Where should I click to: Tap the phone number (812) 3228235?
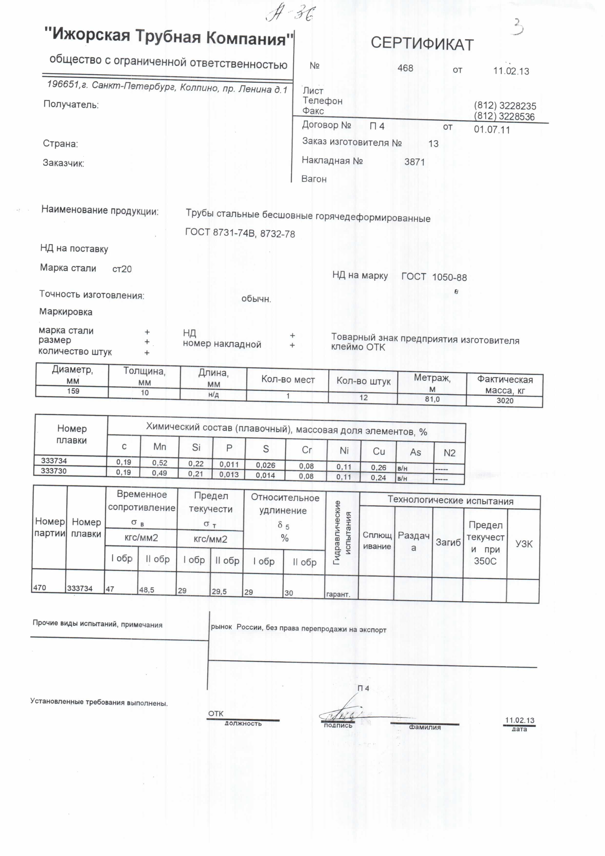(x=505, y=106)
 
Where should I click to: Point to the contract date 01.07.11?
(x=492, y=130)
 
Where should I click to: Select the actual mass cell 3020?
(x=505, y=401)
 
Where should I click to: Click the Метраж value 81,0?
(x=432, y=399)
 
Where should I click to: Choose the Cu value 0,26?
(x=378, y=468)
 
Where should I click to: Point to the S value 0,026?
(x=265, y=465)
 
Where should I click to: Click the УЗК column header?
(x=524, y=544)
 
